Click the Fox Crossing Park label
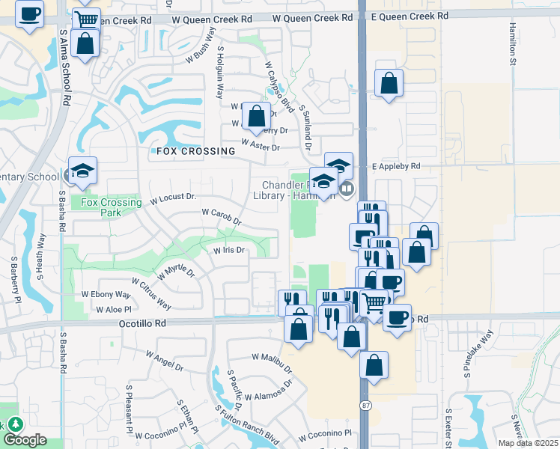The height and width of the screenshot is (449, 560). click(111, 207)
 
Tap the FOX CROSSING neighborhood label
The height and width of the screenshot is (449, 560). click(195, 151)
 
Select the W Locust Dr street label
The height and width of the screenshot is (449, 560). click(173, 198)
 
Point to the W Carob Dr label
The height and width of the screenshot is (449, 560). click(222, 216)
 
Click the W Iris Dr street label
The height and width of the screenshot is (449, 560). click(230, 251)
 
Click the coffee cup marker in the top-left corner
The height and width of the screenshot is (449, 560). click(29, 13)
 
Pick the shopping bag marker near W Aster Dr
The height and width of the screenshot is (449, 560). click(257, 115)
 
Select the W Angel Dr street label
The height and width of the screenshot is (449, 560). click(164, 361)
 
